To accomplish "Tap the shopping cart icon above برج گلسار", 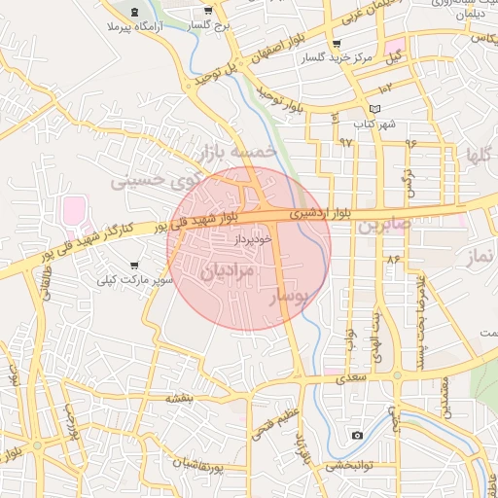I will tap(208, 9).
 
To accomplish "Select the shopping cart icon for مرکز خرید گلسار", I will tap(337, 44).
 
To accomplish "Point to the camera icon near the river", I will tap(357, 435).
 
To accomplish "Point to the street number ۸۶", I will tap(393, 260).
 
